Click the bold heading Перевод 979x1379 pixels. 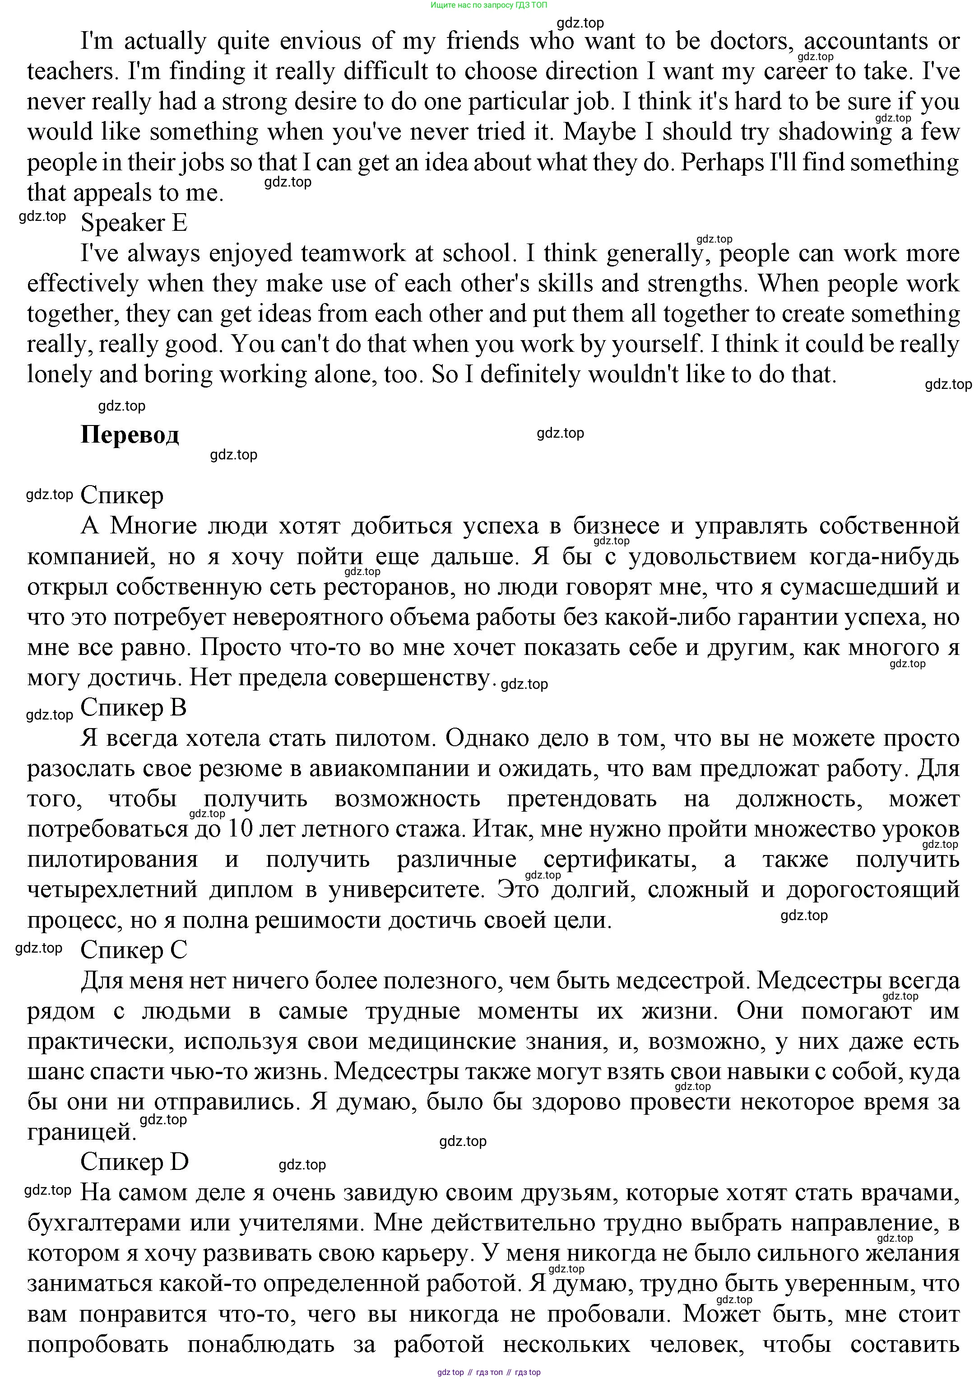click(x=130, y=435)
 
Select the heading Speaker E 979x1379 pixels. click(x=134, y=223)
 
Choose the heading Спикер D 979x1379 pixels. click(x=135, y=1161)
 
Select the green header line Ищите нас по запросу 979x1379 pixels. click(x=489, y=5)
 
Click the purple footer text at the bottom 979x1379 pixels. click(x=489, y=1372)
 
